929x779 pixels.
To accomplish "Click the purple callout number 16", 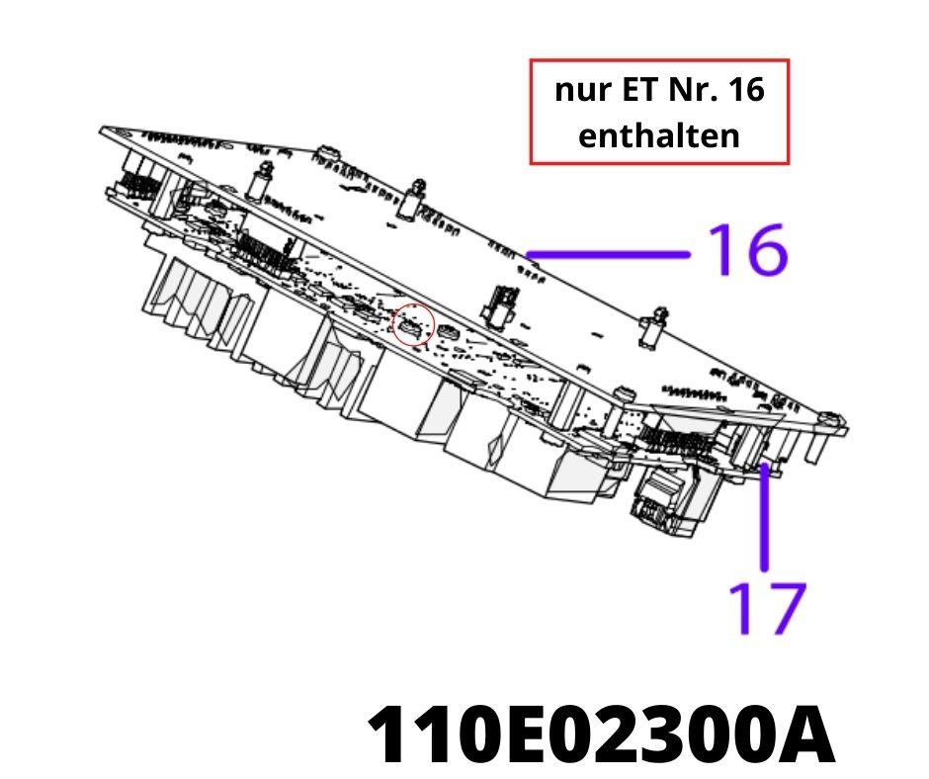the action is coord(748,250).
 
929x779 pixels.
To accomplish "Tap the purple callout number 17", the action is coord(767,608).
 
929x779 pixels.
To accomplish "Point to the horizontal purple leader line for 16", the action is coord(609,255).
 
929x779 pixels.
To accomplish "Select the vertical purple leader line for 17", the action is coord(765,517).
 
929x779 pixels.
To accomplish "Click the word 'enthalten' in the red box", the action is coord(659,135).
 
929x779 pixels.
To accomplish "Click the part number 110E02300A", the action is coord(601,734).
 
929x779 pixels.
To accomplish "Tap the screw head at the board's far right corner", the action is coord(834,421).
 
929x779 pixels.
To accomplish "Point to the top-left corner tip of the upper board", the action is coord(101,128).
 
